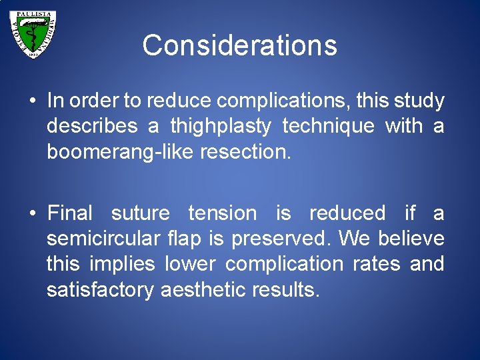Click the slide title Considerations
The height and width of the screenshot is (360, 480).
pos(239,45)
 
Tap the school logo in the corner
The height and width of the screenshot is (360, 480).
pos(33,34)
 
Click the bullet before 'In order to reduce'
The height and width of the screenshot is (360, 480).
pos(32,102)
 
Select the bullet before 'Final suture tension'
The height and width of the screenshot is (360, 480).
pos(32,214)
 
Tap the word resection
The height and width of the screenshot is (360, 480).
pos(249,152)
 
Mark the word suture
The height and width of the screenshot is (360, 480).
pos(141,213)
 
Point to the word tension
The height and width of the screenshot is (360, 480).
pos(222,213)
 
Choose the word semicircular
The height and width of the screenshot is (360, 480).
pos(104,239)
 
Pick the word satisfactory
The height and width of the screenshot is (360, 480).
pos(101,289)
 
